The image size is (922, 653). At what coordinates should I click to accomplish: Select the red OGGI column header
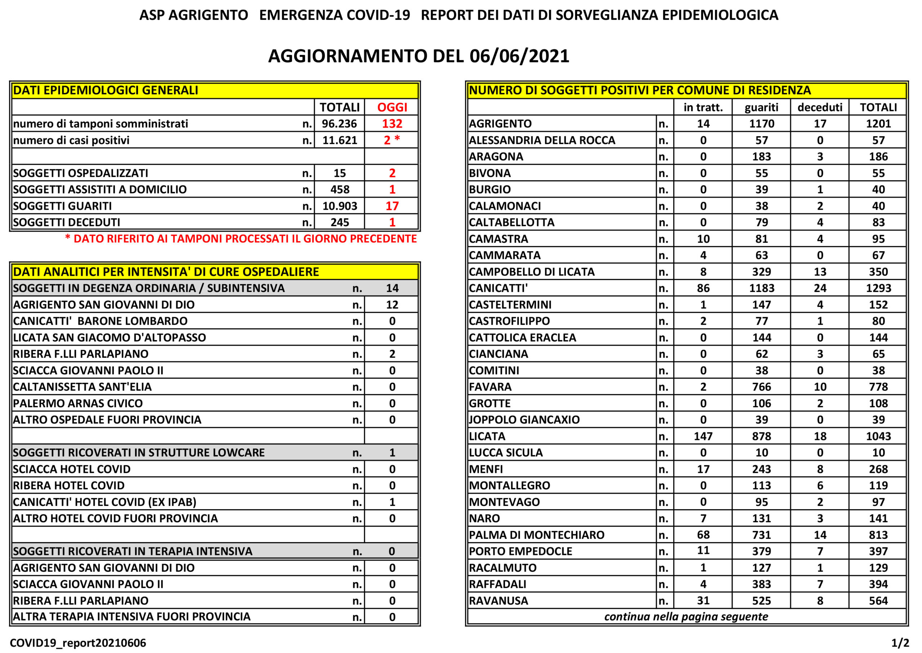point(392,107)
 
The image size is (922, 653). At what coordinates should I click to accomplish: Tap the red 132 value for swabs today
point(392,124)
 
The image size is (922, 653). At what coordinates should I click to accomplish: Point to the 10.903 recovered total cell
point(340,206)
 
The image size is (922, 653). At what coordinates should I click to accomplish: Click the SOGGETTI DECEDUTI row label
point(67,222)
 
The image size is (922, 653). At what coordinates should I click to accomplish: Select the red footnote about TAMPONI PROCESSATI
point(241,239)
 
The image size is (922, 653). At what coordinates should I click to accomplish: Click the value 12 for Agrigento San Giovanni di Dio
point(392,305)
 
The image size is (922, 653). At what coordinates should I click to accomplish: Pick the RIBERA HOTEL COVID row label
point(69,486)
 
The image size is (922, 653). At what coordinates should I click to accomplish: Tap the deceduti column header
point(820,107)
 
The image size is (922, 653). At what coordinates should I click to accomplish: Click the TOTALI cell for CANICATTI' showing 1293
point(878,288)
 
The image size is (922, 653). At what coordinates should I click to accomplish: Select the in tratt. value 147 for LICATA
point(703,436)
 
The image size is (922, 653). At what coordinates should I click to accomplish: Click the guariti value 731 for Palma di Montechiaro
point(761,535)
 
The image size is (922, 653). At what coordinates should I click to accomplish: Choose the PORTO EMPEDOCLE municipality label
point(520,551)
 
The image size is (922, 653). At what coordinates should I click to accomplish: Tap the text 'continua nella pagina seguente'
point(686,617)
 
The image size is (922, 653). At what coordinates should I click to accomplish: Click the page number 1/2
point(900,643)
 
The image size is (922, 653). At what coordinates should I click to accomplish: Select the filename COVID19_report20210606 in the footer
point(78,643)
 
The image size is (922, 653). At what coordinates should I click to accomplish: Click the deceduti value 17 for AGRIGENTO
point(820,124)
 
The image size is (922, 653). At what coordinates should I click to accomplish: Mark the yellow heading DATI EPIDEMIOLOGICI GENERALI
point(106,90)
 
